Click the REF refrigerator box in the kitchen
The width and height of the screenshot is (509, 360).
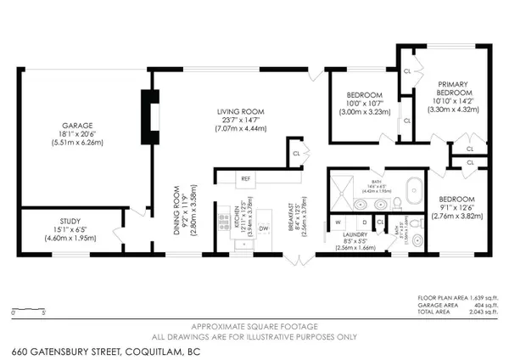[x=245, y=179]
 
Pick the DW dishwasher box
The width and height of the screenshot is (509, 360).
[x=264, y=228]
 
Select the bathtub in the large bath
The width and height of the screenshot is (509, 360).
[x=396, y=188]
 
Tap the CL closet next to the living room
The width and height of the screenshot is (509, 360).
[x=296, y=154]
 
